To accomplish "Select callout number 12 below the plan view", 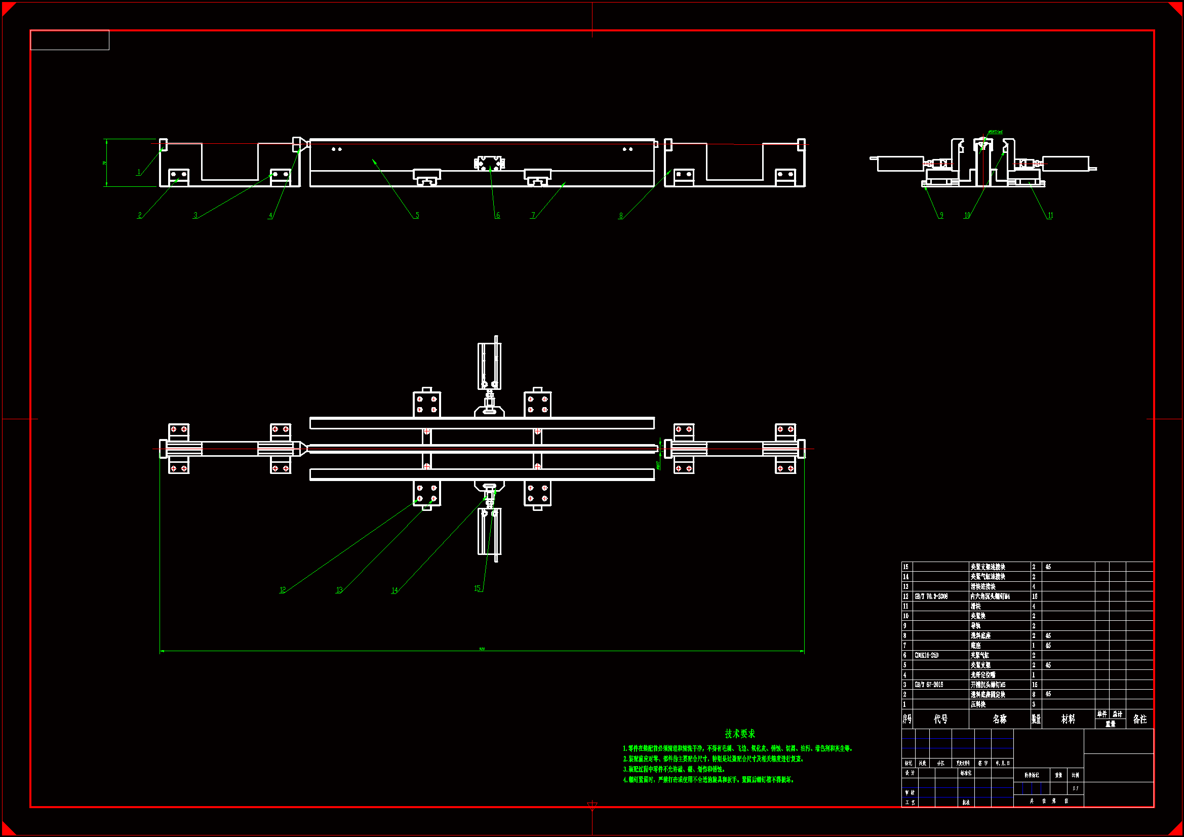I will pos(283,590).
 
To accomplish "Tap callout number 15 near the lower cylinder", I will pos(477,588).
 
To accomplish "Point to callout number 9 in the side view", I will pos(941,215).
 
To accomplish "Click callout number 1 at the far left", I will pos(139,172).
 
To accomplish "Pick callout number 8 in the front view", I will pos(621,216).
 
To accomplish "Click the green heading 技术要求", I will pos(739,733).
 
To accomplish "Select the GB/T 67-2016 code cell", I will pos(929,685).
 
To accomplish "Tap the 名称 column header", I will pos(999,719).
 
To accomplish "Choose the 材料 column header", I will pos(1068,719).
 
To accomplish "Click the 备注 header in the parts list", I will pos(1139,719).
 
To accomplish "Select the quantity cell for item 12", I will pos(1035,596).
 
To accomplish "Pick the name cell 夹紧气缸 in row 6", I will pos(980,655).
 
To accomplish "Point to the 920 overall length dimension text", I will pos(482,649).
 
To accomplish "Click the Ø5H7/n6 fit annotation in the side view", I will pos(995,132).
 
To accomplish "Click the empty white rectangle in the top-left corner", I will pos(69,40).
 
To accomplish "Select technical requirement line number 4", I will pos(709,780).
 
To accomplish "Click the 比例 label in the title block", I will pos(1075,775).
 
